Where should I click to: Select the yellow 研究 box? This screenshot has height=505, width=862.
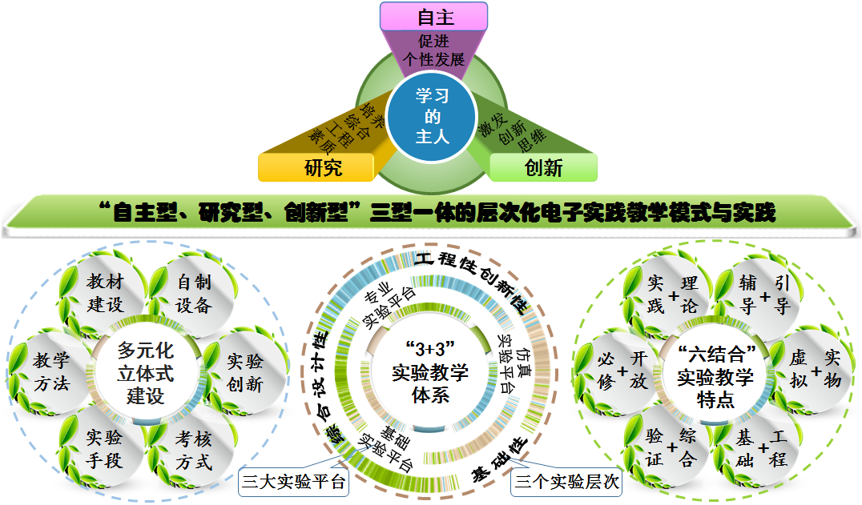[x=316, y=167]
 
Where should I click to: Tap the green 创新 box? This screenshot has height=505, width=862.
[x=543, y=167]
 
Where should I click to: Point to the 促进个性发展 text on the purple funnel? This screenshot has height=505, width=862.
[x=435, y=50]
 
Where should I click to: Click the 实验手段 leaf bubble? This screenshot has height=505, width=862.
[x=104, y=448]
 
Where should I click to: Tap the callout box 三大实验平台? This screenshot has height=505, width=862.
[x=294, y=482]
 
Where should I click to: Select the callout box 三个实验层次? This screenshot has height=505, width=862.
[x=567, y=482]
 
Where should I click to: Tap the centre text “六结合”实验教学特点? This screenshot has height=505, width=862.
[x=715, y=375]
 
